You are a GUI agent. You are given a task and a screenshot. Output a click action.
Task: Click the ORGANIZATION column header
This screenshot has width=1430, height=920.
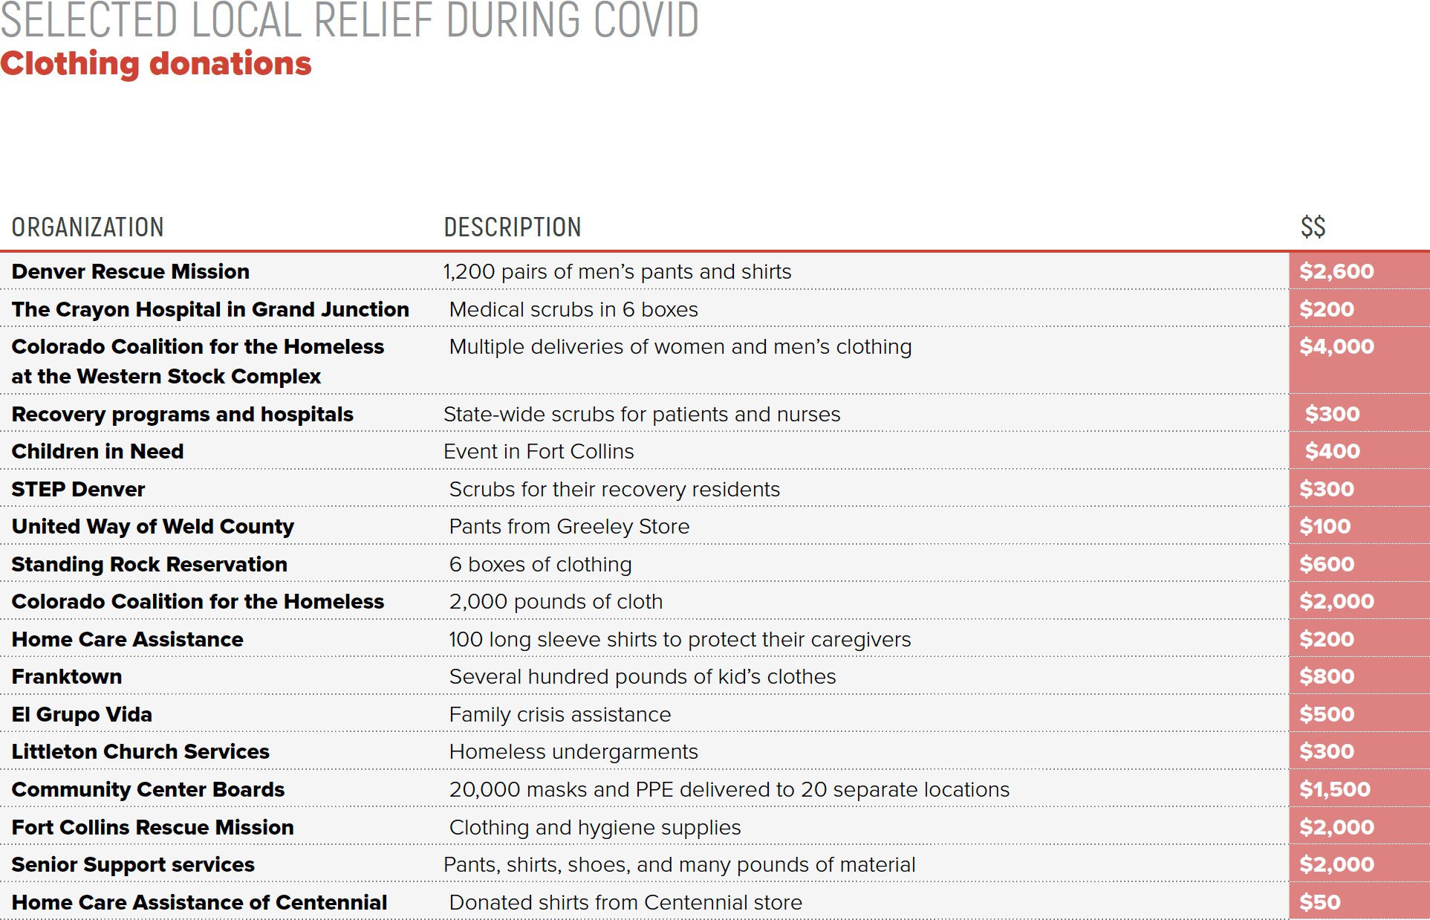tap(88, 227)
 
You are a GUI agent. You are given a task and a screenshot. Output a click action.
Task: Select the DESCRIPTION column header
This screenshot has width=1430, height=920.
tap(513, 227)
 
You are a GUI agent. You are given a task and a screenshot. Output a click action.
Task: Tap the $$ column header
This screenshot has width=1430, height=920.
tap(1313, 227)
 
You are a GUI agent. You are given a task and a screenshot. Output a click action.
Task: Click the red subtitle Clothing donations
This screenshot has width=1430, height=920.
tap(156, 64)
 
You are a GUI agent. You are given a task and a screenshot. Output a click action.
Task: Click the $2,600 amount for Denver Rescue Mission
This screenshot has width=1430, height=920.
tap(1336, 271)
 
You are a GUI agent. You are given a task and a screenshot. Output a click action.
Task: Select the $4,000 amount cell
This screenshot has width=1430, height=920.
tap(1336, 346)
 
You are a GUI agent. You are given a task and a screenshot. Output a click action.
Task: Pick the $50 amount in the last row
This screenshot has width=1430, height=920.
tap(1319, 902)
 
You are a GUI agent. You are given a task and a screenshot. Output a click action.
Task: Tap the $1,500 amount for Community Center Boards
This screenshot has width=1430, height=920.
tap(1334, 789)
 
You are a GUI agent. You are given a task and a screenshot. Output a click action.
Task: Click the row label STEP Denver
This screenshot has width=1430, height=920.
tap(78, 489)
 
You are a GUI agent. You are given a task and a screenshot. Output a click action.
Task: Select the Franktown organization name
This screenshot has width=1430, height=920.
tap(67, 676)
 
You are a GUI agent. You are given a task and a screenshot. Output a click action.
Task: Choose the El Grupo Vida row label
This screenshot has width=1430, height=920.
tap(82, 714)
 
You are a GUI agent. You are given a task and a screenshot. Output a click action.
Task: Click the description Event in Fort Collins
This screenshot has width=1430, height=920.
tap(539, 452)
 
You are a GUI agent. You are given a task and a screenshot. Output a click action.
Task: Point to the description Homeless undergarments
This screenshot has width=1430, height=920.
tap(573, 752)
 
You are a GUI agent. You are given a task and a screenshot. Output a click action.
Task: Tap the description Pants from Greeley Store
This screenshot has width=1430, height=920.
tap(569, 527)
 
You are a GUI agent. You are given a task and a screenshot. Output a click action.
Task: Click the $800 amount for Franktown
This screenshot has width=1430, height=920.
tap(1327, 676)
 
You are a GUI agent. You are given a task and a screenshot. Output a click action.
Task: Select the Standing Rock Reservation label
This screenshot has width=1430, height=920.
tap(149, 564)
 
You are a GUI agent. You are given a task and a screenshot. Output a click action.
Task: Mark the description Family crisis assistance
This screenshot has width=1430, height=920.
tap(559, 715)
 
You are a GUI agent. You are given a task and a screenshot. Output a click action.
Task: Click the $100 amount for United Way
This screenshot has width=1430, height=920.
tap(1325, 527)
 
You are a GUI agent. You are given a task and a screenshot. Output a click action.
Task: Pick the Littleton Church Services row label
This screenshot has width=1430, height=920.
tap(140, 751)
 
